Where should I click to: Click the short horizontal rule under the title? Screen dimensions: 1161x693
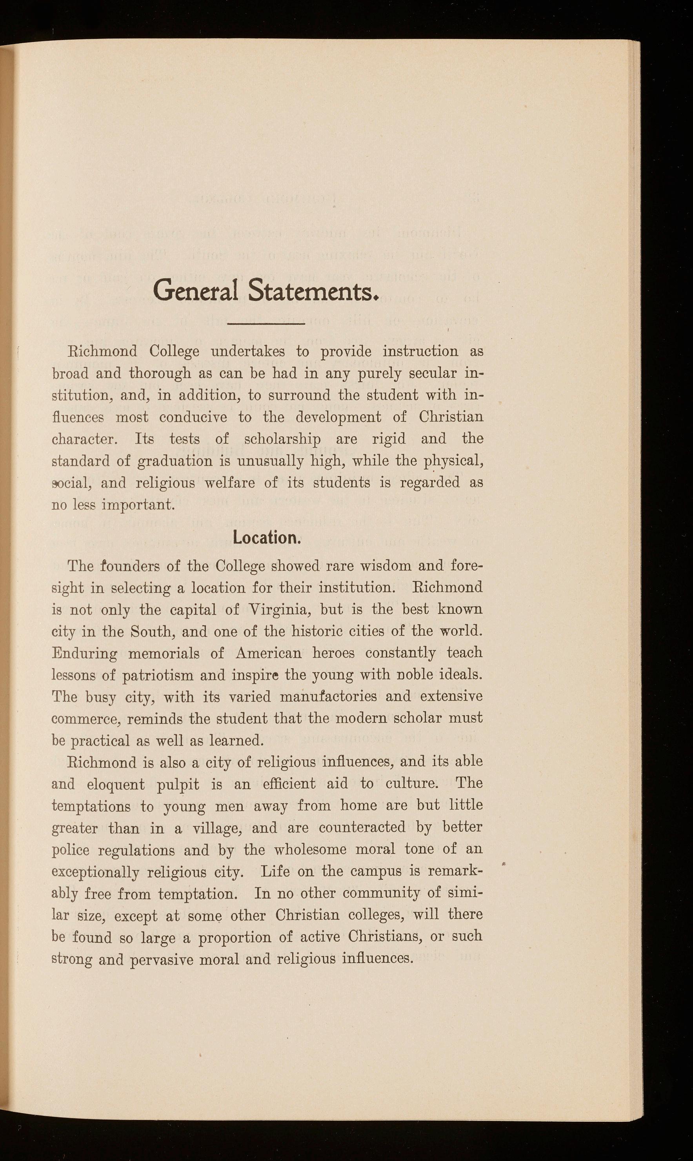point(266,323)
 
